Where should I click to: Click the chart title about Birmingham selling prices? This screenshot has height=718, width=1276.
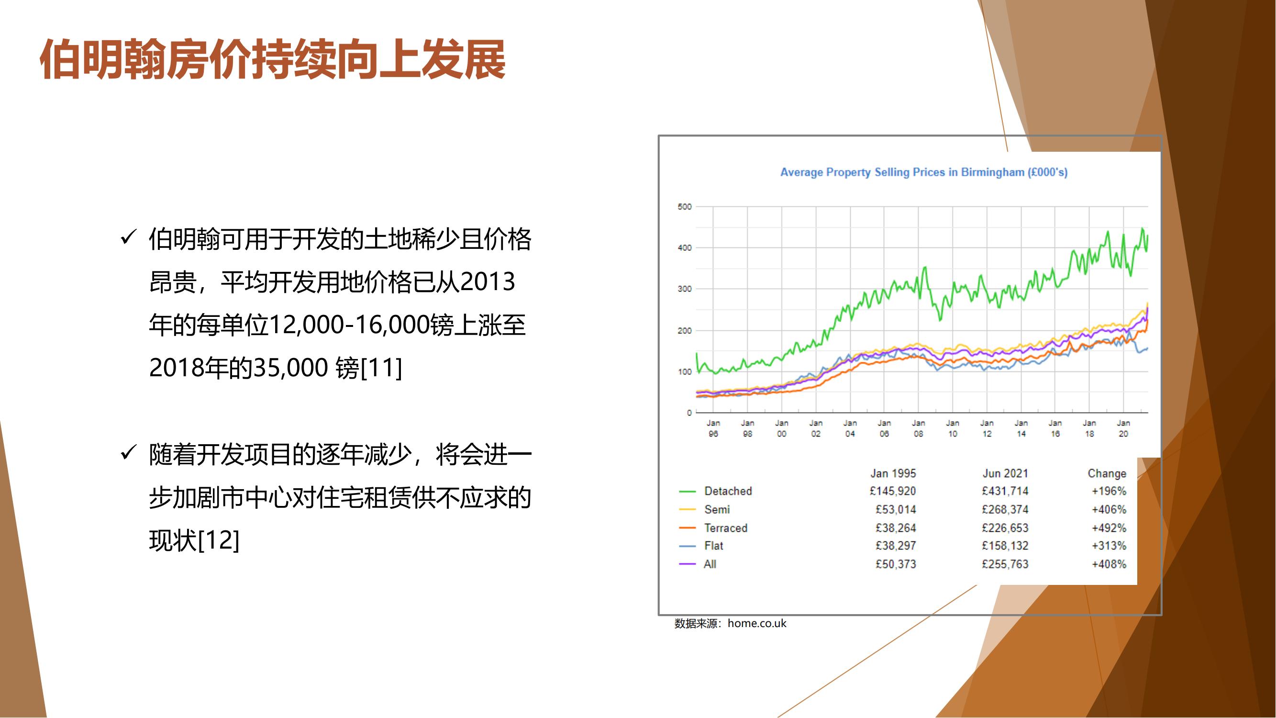pos(924,172)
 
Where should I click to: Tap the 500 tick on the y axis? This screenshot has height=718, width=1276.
pos(685,207)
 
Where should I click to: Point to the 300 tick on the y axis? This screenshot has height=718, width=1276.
pos(685,289)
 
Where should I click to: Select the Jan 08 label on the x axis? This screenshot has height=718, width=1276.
pos(918,428)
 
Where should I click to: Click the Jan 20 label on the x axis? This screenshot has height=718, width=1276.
pos(1123,428)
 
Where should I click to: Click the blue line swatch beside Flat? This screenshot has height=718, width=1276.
pos(688,546)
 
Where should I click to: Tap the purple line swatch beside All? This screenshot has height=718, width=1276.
pos(688,564)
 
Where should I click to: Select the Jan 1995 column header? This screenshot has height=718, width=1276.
pos(893,473)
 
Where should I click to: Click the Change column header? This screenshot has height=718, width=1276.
pos(1107,473)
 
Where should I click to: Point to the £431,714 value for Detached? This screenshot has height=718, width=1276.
pos(1005,491)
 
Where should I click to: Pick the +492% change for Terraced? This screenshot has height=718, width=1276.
pos(1109,527)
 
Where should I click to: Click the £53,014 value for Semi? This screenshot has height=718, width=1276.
pos(896,509)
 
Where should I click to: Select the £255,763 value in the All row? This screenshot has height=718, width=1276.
pos(1005,564)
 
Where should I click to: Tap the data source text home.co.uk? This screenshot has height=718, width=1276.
pos(757,623)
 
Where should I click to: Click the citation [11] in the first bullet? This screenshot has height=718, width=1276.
pos(381,368)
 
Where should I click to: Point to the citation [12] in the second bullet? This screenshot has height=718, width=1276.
pos(219,540)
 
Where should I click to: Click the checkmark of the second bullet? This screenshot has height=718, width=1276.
pos(128,452)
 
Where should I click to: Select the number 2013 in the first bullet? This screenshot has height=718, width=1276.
pos(488,282)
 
